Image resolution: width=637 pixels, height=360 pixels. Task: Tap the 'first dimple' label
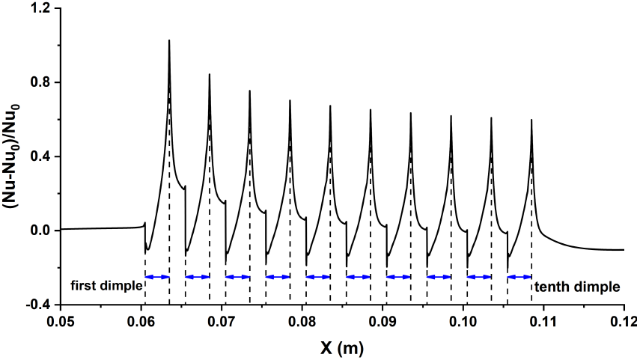[x=106, y=286]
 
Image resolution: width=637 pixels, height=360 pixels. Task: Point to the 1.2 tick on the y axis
[x=40, y=9]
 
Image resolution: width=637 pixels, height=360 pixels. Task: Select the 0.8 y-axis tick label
[x=40, y=82]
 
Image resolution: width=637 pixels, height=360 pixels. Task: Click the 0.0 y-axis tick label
[x=40, y=231]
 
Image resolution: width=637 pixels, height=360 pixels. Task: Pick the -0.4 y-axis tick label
[x=37, y=305]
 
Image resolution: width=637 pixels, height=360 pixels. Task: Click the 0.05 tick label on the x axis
[x=61, y=322]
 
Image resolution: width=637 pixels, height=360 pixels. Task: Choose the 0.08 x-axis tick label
[x=302, y=322]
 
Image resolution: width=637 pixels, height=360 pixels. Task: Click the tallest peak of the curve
[x=169, y=41]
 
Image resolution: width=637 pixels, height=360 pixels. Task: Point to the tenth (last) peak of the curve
[x=531, y=120]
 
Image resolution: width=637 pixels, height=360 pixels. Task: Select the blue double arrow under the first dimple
[x=157, y=277]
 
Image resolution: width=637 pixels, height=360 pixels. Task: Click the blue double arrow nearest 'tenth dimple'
[x=519, y=277]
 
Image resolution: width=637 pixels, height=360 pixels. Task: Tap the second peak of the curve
[x=209, y=75]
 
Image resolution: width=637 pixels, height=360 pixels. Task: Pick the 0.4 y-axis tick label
[x=40, y=156]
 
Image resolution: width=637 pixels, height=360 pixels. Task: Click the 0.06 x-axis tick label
[x=141, y=322]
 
